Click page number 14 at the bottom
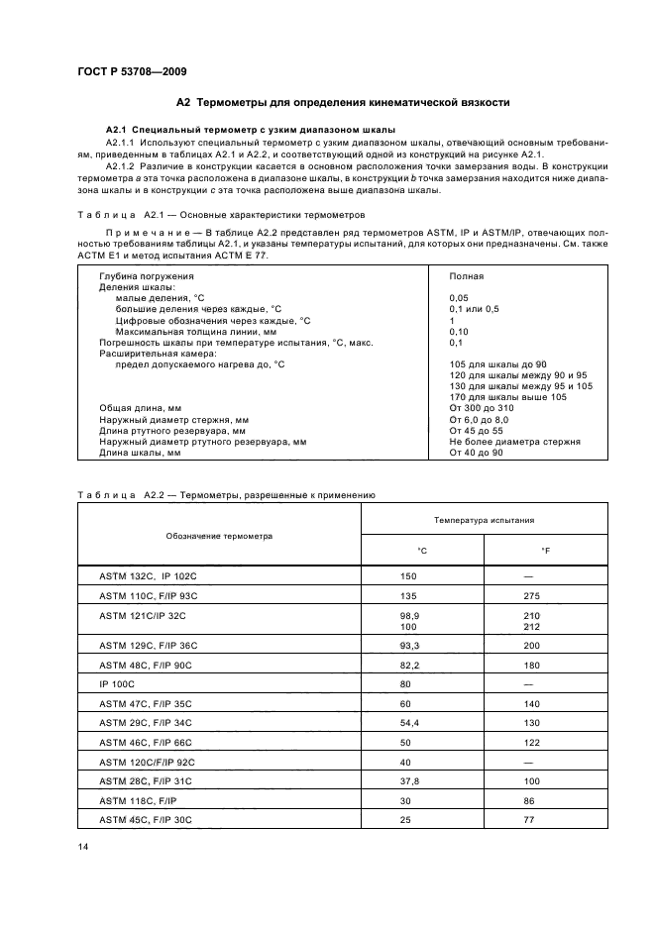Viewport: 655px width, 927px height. click(83, 844)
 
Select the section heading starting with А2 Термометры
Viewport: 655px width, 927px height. click(342, 102)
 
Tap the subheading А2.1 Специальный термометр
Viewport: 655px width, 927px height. click(250, 130)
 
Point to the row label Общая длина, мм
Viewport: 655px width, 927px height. click(140, 408)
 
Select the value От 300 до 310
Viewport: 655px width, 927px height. click(482, 408)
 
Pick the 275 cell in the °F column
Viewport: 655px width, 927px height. click(530, 595)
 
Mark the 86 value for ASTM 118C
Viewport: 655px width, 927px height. click(529, 801)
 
